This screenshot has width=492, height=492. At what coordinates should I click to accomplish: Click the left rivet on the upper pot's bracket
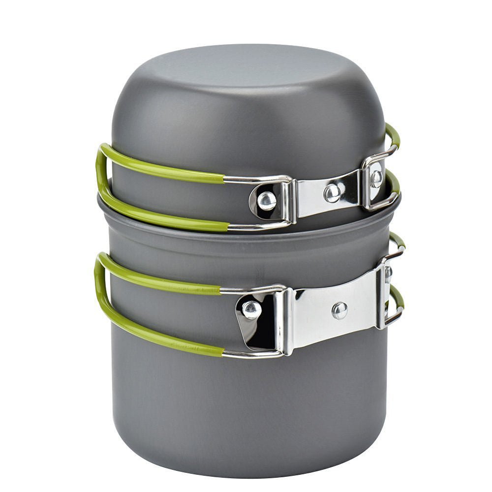tap(266, 200)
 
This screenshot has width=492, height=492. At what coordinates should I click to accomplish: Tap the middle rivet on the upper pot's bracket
tap(333, 193)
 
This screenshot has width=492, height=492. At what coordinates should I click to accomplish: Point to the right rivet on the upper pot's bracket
tap(376, 178)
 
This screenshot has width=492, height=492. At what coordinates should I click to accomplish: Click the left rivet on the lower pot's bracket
tap(252, 309)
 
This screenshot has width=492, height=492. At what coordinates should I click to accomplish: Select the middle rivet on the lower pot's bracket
tap(339, 310)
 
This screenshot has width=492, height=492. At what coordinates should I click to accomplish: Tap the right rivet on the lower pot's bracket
tap(389, 274)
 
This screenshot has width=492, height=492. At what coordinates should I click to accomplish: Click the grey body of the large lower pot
tap(246, 403)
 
